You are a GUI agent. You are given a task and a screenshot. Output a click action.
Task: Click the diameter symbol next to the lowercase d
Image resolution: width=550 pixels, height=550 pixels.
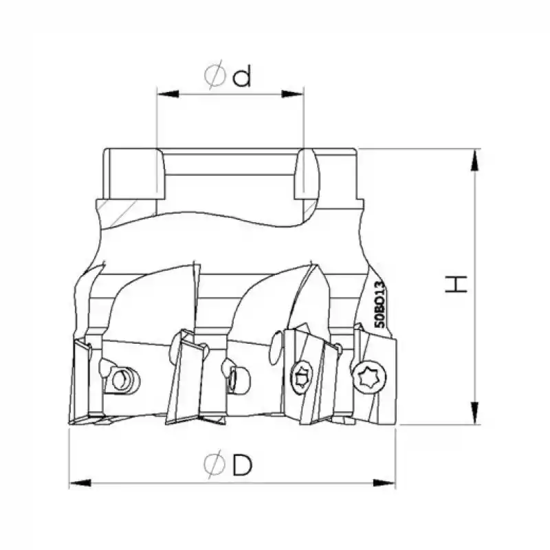pyautogui.click(x=214, y=75)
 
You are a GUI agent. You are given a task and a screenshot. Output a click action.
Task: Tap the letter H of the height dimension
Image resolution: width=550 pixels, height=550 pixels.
pyautogui.click(x=456, y=284)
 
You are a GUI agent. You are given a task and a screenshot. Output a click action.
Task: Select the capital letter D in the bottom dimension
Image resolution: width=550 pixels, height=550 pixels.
pyautogui.click(x=243, y=465)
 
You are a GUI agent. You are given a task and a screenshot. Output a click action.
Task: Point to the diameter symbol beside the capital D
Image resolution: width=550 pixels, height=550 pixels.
pyautogui.click(x=214, y=463)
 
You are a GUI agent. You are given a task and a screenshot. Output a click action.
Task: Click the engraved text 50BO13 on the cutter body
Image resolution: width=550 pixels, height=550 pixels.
pyautogui.click(x=379, y=304)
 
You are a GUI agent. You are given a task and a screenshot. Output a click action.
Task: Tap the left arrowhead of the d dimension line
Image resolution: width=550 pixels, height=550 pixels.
pyautogui.click(x=168, y=94)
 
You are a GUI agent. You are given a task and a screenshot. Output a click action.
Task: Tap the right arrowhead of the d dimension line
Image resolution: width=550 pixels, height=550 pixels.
pyautogui.click(x=292, y=94)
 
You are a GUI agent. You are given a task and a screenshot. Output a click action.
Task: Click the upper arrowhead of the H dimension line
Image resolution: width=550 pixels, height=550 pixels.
pyautogui.click(x=474, y=160)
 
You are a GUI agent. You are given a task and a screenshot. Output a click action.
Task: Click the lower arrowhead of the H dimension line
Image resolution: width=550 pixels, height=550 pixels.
pyautogui.click(x=474, y=413)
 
